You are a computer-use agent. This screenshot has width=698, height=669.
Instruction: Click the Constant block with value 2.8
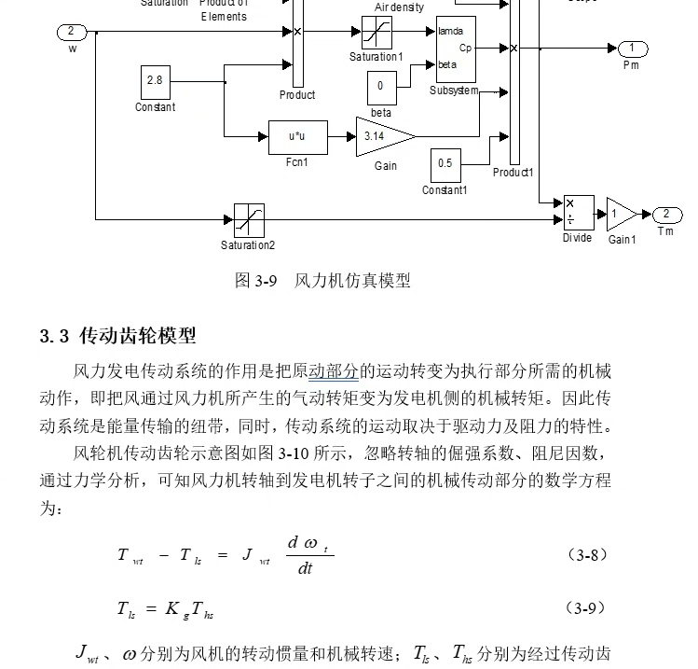[x=155, y=81]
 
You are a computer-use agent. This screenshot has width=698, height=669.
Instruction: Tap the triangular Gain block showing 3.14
[x=382, y=136]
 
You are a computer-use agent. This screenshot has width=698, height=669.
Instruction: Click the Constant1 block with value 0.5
[x=445, y=164]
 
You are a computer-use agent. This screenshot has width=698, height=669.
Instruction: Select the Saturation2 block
[x=249, y=220]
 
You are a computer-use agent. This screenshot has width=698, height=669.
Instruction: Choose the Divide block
[x=578, y=213]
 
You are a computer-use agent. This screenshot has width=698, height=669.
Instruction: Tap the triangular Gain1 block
[x=621, y=214]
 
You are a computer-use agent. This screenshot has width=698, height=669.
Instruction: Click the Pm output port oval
[x=631, y=49]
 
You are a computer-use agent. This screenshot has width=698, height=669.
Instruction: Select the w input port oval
[x=72, y=33]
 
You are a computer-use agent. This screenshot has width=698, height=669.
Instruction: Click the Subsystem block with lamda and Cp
[x=456, y=49]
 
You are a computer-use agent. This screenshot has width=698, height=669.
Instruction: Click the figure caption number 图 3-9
[x=255, y=280]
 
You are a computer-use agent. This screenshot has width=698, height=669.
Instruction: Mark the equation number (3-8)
[x=587, y=554]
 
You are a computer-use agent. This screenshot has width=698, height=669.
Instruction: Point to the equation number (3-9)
[x=587, y=608]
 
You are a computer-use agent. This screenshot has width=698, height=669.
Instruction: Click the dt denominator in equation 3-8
[x=305, y=567]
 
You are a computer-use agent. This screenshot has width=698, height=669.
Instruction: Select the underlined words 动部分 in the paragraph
[x=333, y=372]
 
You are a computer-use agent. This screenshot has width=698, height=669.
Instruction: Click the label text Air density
[x=399, y=7]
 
